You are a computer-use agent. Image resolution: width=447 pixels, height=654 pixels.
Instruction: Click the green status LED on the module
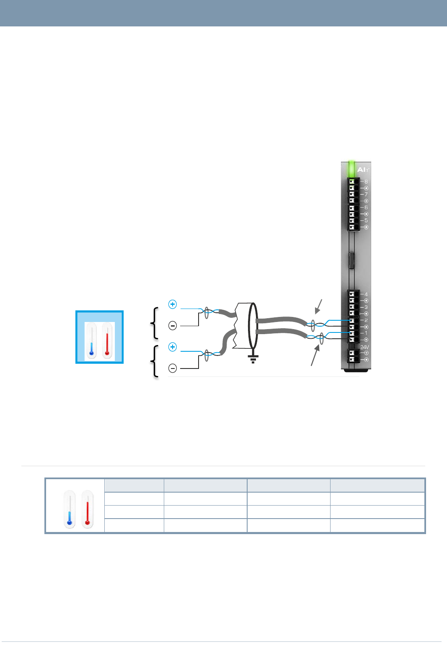tap(351, 169)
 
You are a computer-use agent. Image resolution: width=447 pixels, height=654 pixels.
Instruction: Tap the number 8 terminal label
tap(366, 182)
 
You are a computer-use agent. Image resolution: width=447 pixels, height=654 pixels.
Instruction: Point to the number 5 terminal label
tap(366, 221)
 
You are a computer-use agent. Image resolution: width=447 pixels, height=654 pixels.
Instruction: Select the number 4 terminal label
tap(366, 294)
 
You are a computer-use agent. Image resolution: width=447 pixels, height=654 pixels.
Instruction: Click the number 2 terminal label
tap(366, 320)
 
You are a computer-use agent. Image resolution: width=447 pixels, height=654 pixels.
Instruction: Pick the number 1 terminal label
tap(366, 333)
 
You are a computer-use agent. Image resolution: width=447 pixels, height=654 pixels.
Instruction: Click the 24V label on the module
tap(365, 347)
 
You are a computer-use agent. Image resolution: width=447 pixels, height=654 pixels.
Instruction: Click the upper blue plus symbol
tap(173, 304)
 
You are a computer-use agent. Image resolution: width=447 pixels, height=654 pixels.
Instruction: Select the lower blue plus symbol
tap(173, 347)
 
